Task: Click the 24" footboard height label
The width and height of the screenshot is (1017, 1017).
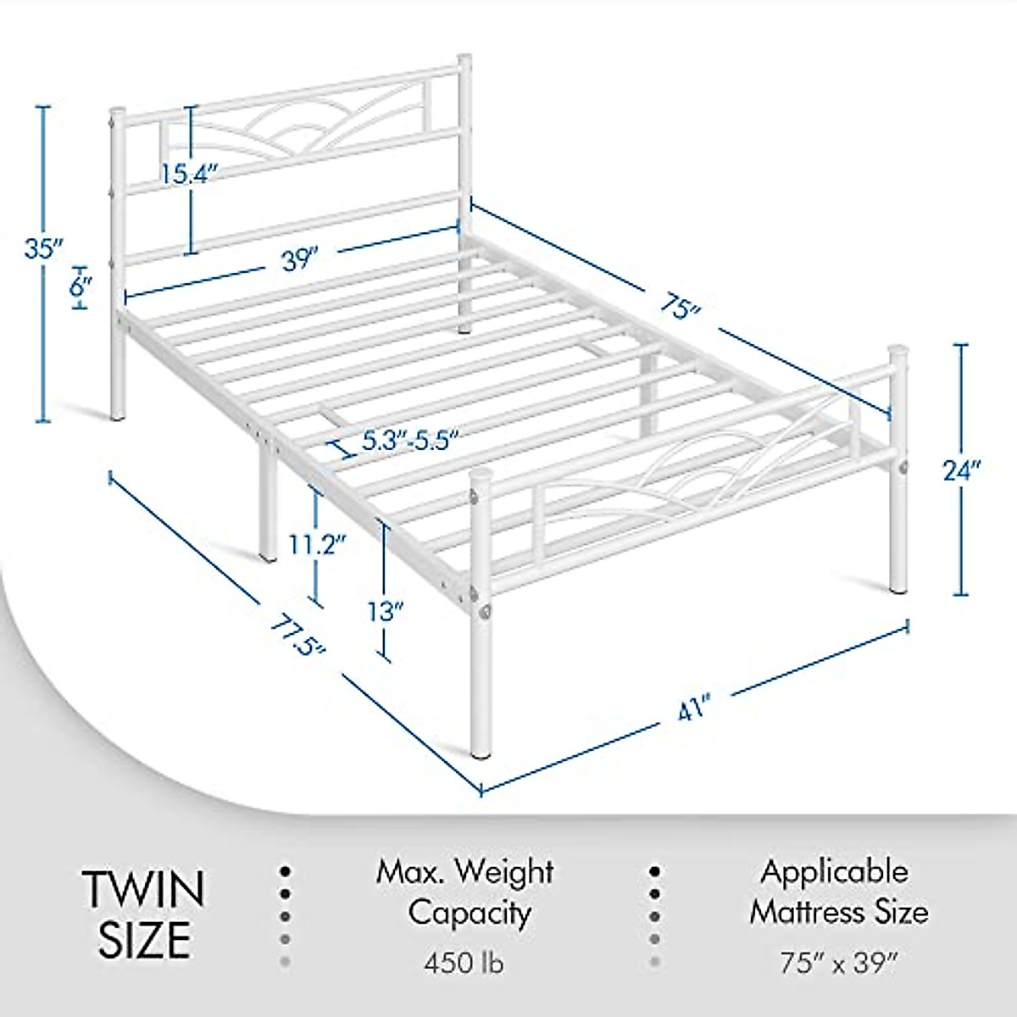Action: click(962, 470)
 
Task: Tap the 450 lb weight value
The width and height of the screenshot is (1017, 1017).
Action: click(465, 964)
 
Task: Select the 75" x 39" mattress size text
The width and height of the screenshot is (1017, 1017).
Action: click(838, 963)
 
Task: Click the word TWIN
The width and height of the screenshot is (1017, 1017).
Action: click(144, 890)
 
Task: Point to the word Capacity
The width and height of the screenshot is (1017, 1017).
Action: click(470, 914)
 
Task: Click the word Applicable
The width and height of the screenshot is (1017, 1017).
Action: click(834, 871)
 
